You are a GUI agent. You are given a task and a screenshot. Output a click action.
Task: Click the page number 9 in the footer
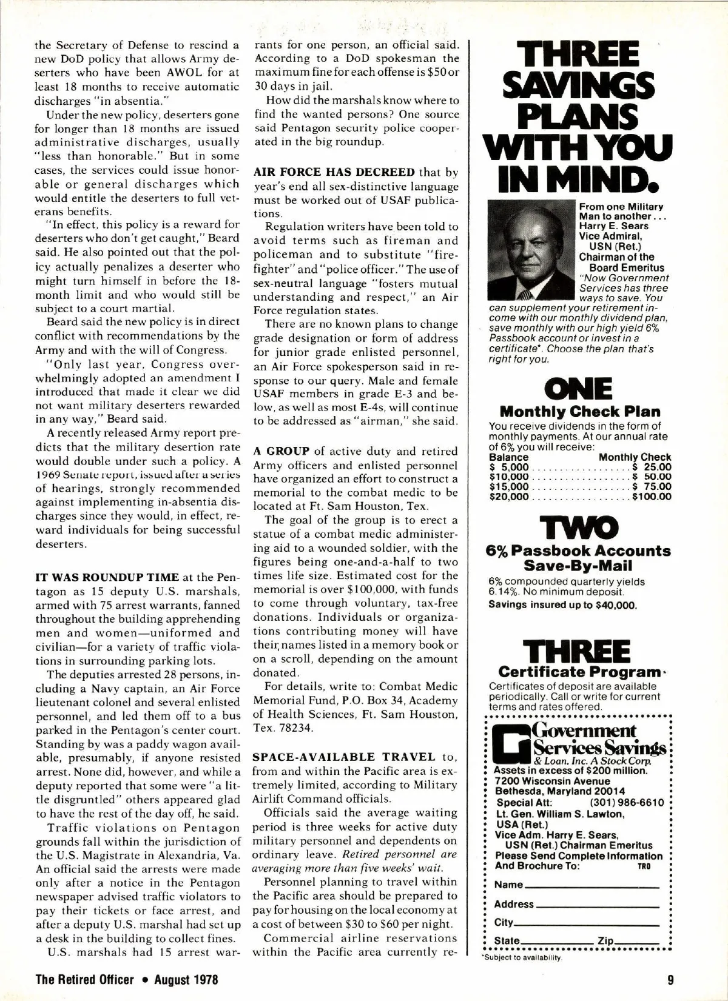click(665, 980)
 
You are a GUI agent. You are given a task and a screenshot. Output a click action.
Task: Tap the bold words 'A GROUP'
click(281, 451)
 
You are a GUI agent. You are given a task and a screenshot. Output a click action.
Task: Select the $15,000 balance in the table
click(509, 487)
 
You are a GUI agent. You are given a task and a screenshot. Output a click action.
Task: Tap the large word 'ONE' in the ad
click(579, 389)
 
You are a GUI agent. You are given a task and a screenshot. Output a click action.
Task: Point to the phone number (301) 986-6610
click(634, 803)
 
